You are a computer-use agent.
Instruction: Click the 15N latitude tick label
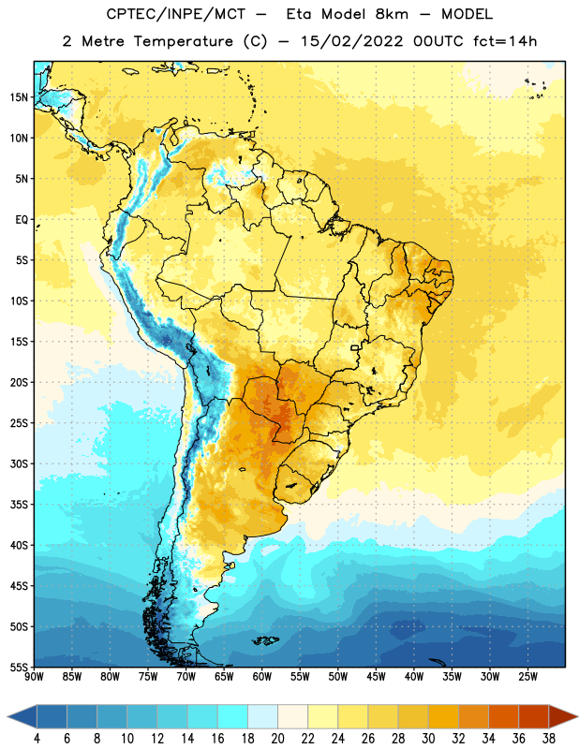(x=19, y=97)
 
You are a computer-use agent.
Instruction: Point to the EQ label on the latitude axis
(x=22, y=220)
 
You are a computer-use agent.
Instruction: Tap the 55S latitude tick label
(x=19, y=667)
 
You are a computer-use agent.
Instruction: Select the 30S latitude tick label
(x=19, y=463)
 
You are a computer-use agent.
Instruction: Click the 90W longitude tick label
(x=34, y=677)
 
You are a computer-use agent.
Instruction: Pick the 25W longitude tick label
(x=527, y=677)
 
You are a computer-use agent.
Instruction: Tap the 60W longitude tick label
(x=262, y=677)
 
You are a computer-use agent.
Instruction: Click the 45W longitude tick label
(x=376, y=677)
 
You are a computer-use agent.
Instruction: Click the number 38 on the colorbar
(x=549, y=739)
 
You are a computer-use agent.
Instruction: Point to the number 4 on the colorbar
(x=37, y=739)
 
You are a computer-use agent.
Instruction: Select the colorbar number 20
(x=277, y=739)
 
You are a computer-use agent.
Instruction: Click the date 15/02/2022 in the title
(x=352, y=41)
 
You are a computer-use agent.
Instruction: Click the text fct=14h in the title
(x=505, y=41)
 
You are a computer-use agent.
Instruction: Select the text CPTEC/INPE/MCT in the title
(x=175, y=14)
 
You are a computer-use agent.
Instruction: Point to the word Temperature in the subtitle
(x=183, y=41)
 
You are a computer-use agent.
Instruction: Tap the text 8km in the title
(x=392, y=14)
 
